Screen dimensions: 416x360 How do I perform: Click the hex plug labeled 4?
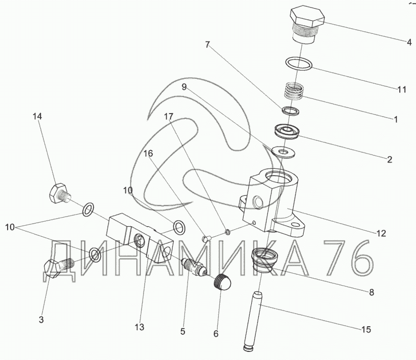(x=306, y=23)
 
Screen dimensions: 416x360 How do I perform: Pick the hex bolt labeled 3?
(x=57, y=267)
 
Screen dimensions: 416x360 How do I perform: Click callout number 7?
(x=208, y=44)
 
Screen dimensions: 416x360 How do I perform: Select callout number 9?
(x=184, y=87)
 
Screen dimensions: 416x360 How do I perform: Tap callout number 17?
(x=168, y=116)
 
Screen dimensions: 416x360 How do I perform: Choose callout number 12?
(x=381, y=233)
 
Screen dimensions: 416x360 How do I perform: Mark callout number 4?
(x=409, y=42)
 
